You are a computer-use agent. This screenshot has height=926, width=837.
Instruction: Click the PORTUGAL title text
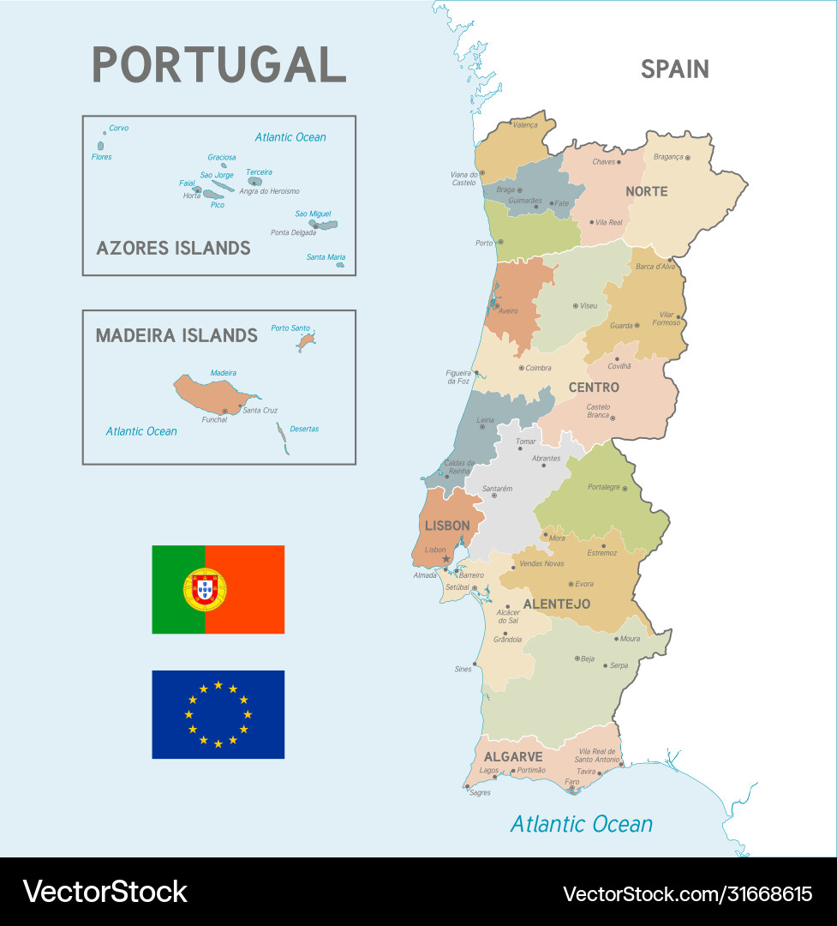coord(218,65)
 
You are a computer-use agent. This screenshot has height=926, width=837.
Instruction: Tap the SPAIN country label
coord(674,69)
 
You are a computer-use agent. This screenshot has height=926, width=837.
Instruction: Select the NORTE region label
coord(646,191)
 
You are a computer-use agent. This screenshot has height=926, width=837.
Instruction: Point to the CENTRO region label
coord(594,388)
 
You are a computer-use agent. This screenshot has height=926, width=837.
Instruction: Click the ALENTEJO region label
coord(556,604)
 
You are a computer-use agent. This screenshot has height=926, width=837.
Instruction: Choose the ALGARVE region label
coord(513,757)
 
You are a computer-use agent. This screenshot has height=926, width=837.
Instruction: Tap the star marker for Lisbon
coord(445,560)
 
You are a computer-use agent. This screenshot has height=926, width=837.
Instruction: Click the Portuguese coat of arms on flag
coord(205,589)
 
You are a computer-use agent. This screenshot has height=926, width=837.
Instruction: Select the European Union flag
coord(218,714)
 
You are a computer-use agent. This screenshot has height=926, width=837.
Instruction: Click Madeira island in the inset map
coord(210,393)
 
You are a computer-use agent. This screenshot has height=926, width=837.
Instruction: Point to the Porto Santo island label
coord(290,328)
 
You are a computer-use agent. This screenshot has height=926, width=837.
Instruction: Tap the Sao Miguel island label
coord(313,214)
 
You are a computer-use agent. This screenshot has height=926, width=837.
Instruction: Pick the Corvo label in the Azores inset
coord(119,129)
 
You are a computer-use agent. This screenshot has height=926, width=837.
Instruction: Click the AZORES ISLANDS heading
coord(173,249)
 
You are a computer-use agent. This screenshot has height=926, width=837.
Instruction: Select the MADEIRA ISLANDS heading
coord(176,335)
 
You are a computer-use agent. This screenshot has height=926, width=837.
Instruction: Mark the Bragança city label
coord(668,157)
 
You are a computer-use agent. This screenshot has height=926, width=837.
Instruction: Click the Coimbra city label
coord(538,368)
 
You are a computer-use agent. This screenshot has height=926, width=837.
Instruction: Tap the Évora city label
coord(584,584)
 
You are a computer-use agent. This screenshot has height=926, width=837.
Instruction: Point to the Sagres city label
coord(480,793)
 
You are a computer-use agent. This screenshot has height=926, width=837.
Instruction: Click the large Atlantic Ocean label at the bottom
coord(581,825)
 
